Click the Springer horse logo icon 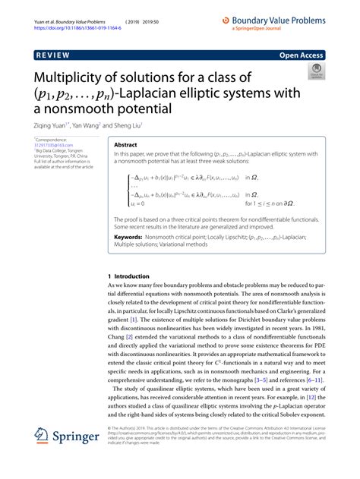pos(43,437)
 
